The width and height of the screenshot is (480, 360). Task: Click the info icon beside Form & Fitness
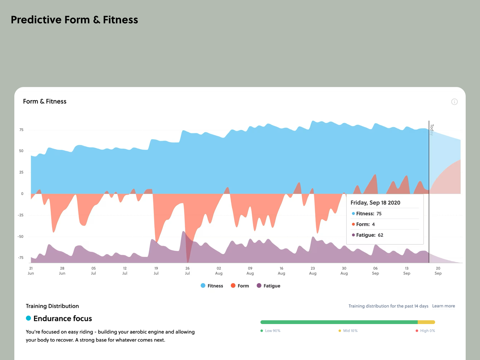coord(454,102)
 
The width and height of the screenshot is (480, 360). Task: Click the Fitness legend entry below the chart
coord(212,286)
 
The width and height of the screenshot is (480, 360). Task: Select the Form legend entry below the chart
coord(240,286)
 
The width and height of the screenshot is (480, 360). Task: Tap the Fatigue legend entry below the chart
coord(269,286)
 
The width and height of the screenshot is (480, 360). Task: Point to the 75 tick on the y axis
coord(21,130)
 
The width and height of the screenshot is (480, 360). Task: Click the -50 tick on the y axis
coord(21,236)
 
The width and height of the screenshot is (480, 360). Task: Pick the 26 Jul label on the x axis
coord(187,271)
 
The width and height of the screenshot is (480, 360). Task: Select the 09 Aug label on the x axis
coord(250,271)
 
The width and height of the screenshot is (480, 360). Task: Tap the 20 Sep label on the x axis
coord(438,271)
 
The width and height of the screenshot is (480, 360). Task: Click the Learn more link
coord(443,306)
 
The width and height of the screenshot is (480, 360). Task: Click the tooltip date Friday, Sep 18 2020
coord(375,203)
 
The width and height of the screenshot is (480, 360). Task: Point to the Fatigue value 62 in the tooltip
coord(380,235)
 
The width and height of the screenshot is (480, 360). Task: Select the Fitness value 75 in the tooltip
coord(379,214)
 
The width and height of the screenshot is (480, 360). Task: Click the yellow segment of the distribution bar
coord(426,322)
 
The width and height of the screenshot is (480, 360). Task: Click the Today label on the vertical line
coord(432,130)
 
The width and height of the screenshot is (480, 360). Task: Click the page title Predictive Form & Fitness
coord(74,20)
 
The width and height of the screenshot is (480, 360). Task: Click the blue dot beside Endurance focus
coord(29,318)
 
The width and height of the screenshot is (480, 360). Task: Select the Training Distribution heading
coord(52,306)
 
